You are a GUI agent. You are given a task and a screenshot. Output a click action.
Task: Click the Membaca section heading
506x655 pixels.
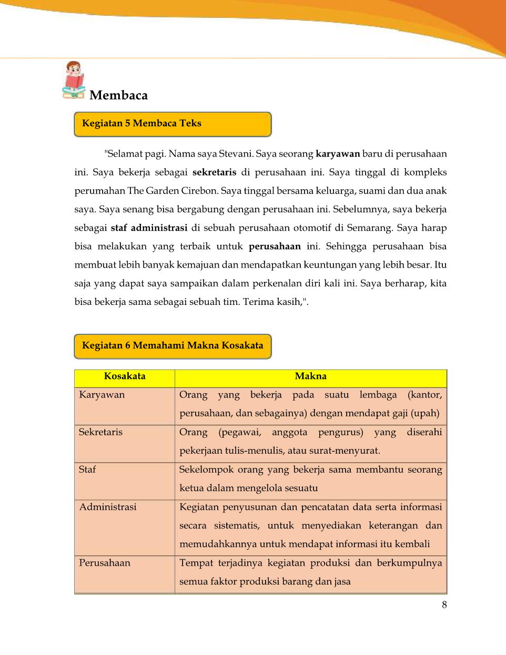(118, 95)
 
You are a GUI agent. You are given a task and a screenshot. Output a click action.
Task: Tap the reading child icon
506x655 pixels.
(74, 80)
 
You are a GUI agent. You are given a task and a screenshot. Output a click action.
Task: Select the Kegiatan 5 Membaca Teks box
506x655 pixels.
(173, 124)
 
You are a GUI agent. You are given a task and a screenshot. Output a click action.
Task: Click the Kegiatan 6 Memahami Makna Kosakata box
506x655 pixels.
(173, 346)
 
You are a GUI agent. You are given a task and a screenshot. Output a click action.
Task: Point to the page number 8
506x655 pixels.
(444, 605)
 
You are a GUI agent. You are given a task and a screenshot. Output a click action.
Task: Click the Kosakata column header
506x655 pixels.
(125, 376)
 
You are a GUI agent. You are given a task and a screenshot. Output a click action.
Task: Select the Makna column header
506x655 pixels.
(310, 376)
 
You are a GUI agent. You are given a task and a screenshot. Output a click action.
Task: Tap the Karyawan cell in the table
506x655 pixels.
(102, 395)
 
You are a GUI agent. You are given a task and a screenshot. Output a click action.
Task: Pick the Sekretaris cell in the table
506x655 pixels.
(100, 432)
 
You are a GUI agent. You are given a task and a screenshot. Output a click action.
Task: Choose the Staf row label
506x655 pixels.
(87, 469)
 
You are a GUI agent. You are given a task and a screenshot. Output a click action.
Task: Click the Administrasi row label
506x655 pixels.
(108, 507)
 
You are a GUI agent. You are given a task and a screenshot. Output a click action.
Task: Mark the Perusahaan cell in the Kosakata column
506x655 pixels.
(105, 563)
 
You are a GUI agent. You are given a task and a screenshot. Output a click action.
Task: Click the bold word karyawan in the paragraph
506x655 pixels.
(338, 154)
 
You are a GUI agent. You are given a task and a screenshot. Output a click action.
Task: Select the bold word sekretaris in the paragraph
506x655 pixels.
(214, 172)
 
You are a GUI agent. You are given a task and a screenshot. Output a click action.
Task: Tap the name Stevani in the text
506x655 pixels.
(236, 154)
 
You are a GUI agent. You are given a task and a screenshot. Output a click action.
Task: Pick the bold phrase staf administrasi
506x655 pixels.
(149, 228)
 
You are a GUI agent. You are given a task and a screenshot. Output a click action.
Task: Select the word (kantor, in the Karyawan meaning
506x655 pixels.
(424, 395)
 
